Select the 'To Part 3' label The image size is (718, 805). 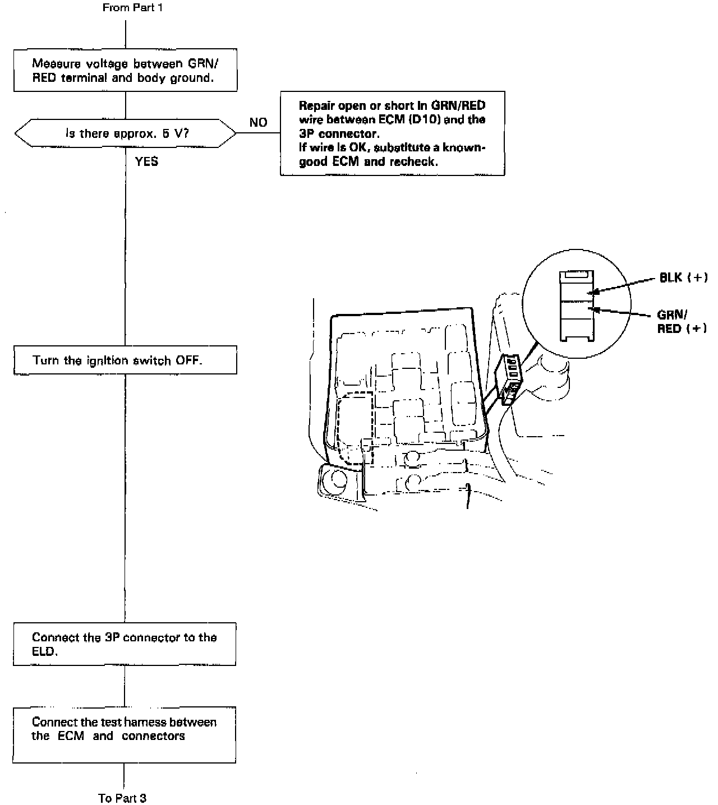point(122,798)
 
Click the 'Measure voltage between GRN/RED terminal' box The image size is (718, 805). point(125,71)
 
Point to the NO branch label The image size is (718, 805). point(258,123)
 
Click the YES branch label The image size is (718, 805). point(146,162)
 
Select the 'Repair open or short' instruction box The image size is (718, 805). point(392,133)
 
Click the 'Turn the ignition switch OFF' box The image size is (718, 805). point(125,360)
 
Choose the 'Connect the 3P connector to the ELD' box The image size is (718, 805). point(125,644)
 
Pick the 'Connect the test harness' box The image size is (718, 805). point(125,734)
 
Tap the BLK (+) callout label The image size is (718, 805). point(683,277)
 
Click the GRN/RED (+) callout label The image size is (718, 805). point(682,322)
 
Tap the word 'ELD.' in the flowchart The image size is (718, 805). point(45,652)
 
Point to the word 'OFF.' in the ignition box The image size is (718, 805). point(189,360)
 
